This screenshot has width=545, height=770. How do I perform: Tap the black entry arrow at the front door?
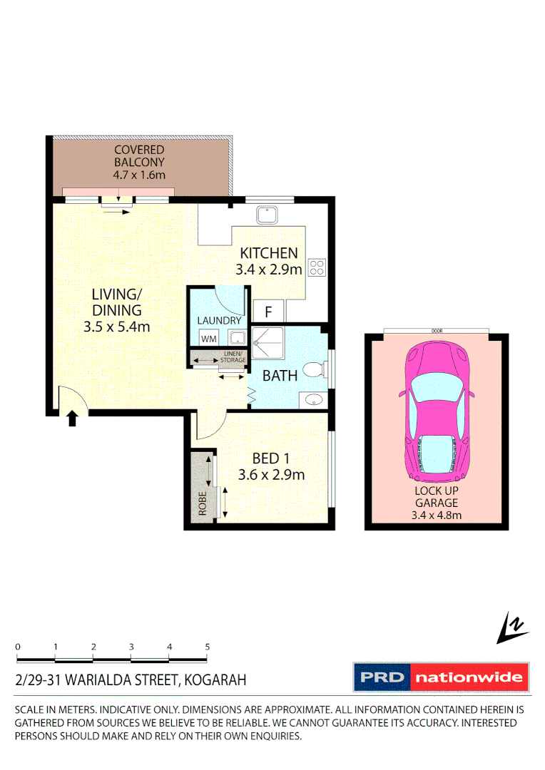click(x=71, y=418)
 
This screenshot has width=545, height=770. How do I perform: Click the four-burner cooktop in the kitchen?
click(x=317, y=267)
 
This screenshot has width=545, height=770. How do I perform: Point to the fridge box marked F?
click(x=269, y=311)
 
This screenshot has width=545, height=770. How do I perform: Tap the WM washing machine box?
click(x=209, y=339)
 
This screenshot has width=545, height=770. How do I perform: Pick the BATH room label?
click(x=280, y=376)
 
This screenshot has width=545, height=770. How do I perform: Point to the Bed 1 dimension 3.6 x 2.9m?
click(x=271, y=475)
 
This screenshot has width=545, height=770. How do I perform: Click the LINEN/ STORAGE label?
click(x=233, y=357)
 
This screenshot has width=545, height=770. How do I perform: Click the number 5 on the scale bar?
click(x=208, y=647)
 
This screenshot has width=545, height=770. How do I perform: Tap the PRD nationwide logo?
click(x=442, y=677)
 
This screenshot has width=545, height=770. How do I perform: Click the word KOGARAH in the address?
click(x=215, y=680)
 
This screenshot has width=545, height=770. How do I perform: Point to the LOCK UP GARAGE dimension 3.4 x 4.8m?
click(x=437, y=515)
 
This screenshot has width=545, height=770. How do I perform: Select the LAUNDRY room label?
click(x=219, y=321)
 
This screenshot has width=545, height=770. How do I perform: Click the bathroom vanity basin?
click(x=312, y=401)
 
